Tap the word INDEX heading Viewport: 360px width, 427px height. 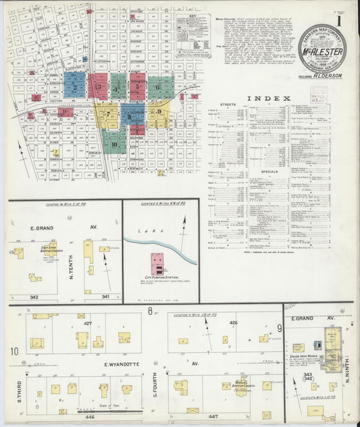[x=269, y=98]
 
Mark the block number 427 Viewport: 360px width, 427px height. [x=87, y=324]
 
